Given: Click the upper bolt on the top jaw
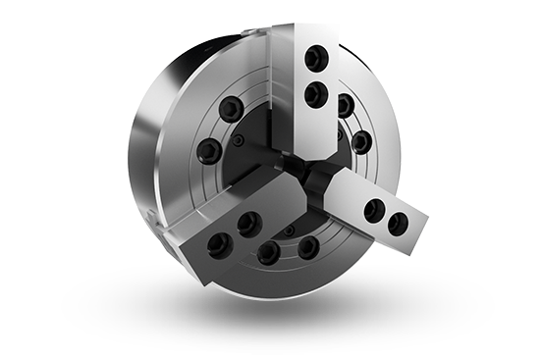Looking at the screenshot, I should point(316,60).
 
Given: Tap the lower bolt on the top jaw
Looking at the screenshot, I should point(315,95).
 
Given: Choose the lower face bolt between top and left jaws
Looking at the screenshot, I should point(209,150).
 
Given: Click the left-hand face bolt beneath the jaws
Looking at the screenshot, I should point(268,254).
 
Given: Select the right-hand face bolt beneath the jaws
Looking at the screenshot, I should point(308,245).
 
